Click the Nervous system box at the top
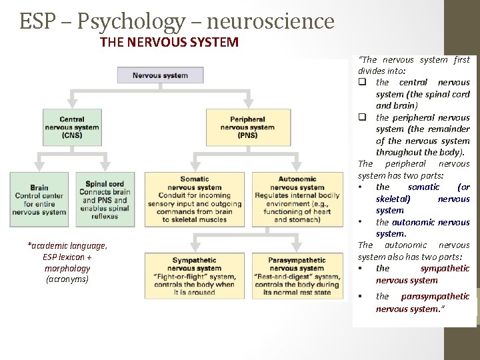(160, 75)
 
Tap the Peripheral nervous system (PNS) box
(248, 127)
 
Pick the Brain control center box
(39, 199)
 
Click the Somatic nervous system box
(195, 199)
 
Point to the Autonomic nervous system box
(297, 199)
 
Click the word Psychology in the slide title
(131, 22)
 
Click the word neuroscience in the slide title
(271, 22)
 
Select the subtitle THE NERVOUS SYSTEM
(169, 43)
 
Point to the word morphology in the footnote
(67, 268)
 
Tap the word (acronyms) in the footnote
(67, 279)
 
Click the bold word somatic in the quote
(423, 187)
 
